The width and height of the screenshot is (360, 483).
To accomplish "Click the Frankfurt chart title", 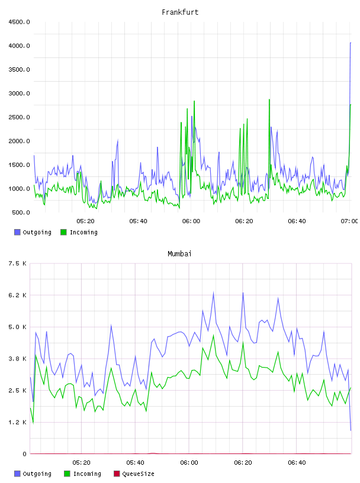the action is tap(180, 12).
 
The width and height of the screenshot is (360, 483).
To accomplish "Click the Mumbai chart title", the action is tap(179, 254).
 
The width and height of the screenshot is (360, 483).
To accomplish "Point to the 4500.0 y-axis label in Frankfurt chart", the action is tap(19, 22).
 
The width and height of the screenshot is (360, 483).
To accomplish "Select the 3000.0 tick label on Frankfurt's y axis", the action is tap(19, 94).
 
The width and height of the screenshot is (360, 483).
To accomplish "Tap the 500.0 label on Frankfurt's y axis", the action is tap(21, 212).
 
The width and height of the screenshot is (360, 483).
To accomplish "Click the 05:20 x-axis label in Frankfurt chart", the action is tap(85, 221).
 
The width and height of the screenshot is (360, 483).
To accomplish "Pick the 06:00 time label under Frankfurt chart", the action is tap(191, 221).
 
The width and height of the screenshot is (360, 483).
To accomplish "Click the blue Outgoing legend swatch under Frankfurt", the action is tap(17, 232).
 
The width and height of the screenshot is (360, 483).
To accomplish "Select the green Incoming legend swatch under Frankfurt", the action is tap(63, 232).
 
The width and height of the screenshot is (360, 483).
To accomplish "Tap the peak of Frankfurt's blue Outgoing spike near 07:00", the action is tap(351, 43).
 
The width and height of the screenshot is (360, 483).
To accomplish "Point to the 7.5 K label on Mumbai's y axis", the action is tap(17, 263).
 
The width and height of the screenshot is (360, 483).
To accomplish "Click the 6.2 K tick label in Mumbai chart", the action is tap(17, 295).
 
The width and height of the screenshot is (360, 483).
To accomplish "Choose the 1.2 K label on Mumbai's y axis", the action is tap(17, 422).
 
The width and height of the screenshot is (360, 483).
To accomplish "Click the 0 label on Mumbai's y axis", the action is tap(24, 454).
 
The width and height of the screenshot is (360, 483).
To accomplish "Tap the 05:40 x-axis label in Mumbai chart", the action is tap(136, 463).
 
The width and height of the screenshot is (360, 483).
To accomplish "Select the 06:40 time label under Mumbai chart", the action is tap(297, 463).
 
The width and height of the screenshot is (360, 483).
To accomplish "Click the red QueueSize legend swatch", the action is tap(117, 474).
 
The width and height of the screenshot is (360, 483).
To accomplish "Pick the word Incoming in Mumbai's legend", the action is tap(87, 474).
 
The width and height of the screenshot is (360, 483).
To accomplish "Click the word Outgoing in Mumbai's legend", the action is tap(37, 474).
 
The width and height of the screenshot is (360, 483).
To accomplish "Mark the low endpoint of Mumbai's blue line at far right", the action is tap(351, 430).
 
